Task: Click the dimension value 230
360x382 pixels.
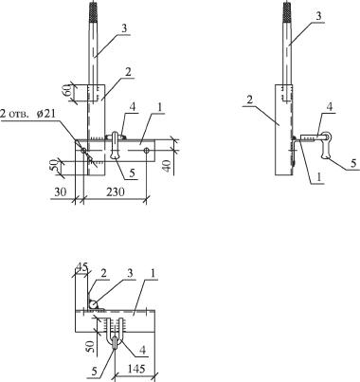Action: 116,191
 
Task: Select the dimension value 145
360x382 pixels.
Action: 136,369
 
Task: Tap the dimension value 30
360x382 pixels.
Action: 61,191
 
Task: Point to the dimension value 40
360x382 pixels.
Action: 168,166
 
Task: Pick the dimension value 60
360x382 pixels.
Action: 67,93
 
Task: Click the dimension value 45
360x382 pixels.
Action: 81,267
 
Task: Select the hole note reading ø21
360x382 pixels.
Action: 45,114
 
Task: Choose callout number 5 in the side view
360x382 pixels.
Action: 353,163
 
